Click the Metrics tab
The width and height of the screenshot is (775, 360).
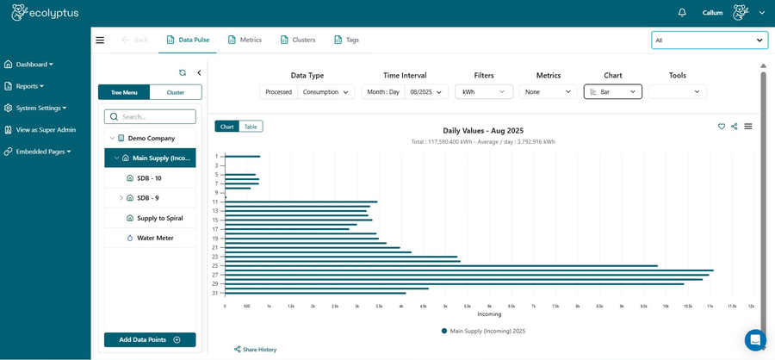(x=245, y=40)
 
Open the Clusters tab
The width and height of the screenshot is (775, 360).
(x=298, y=40)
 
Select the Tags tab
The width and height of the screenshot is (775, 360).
(x=347, y=40)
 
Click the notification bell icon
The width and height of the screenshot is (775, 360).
(x=682, y=13)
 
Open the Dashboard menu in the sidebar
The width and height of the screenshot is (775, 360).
(x=34, y=64)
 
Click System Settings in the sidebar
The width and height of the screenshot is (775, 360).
(x=39, y=108)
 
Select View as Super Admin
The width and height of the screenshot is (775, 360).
(x=46, y=129)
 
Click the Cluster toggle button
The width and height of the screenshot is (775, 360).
(x=176, y=92)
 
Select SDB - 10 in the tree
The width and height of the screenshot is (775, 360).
(x=149, y=178)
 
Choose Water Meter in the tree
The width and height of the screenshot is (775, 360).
(x=155, y=238)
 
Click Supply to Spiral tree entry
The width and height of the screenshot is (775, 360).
(x=159, y=218)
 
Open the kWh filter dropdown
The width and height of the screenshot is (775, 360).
(x=484, y=91)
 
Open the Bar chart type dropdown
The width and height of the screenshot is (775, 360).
(x=612, y=91)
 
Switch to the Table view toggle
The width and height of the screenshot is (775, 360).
(x=251, y=127)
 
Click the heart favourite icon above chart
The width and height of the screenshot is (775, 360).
(x=722, y=127)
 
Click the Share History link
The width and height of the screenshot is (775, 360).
(x=259, y=350)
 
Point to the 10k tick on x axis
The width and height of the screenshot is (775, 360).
(x=666, y=306)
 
